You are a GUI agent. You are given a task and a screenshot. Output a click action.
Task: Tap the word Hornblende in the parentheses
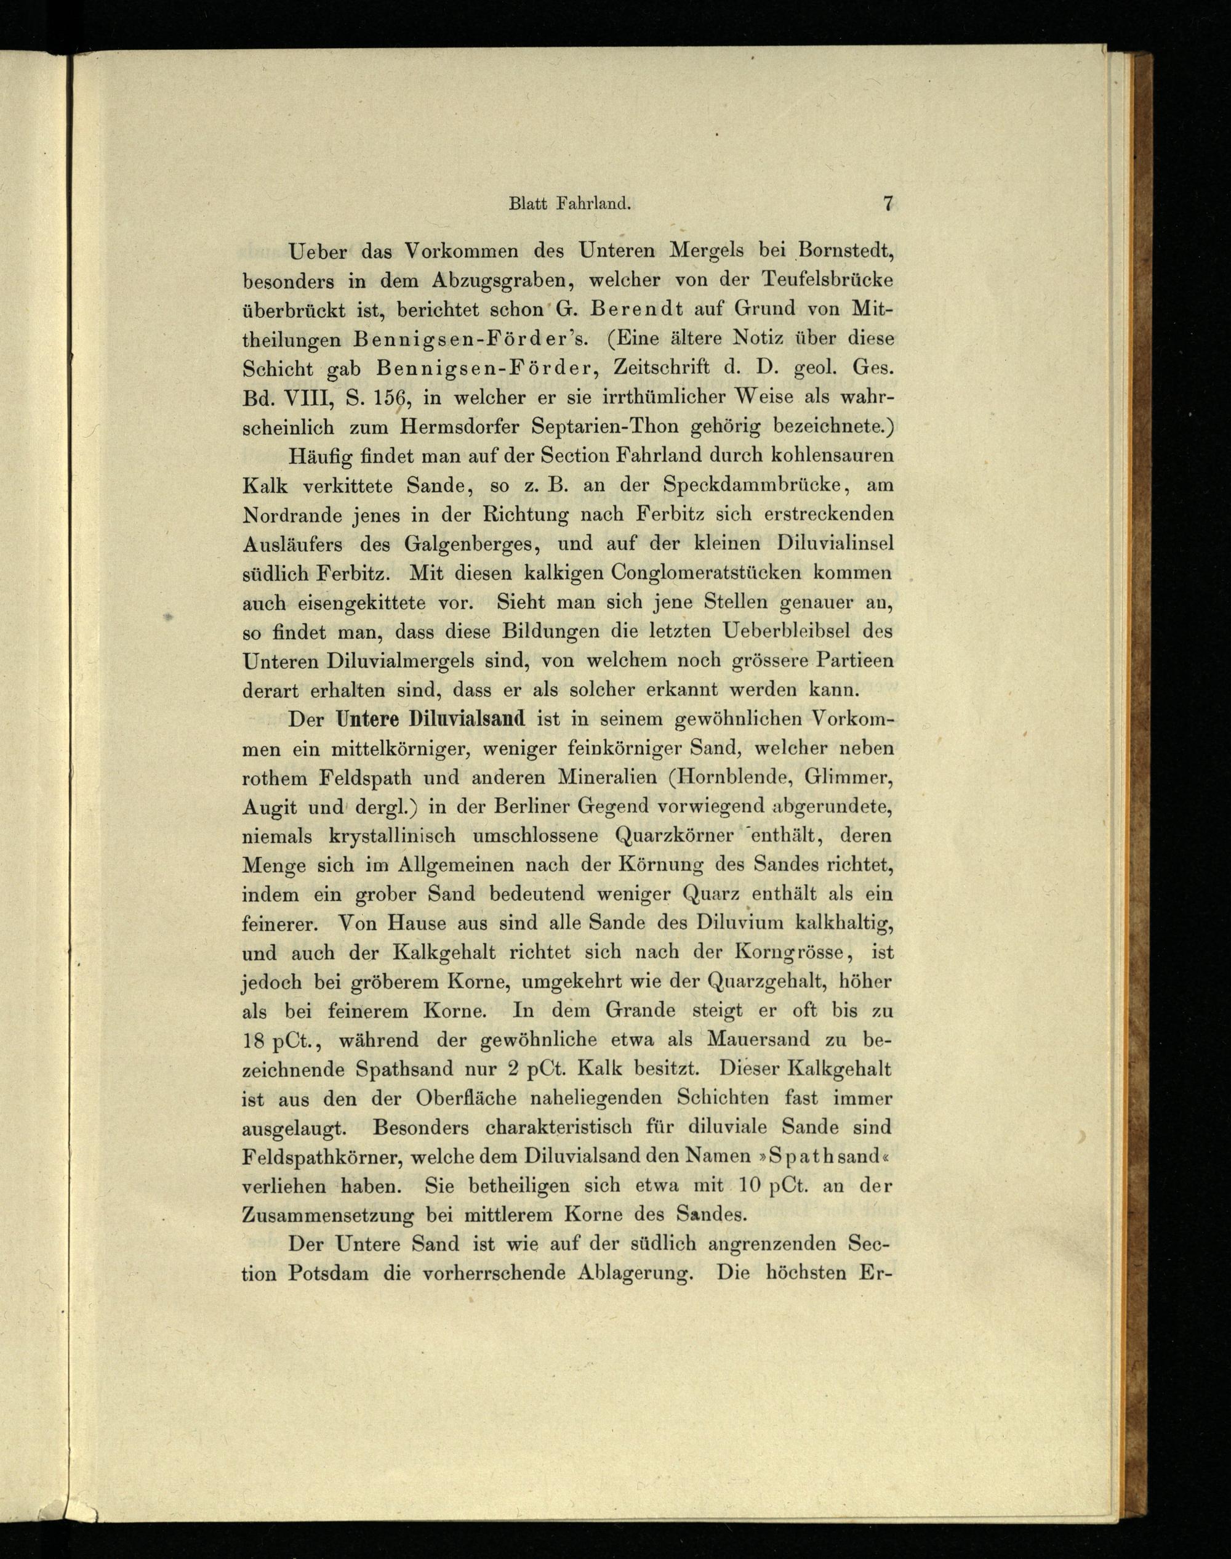click(723, 778)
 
